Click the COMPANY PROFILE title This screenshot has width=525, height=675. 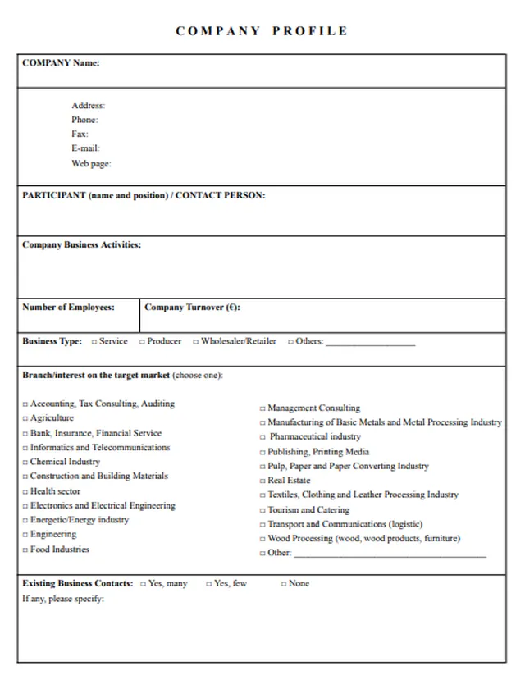tap(262, 31)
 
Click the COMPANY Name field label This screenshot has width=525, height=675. tap(61, 63)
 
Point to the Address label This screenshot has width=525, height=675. tap(88, 106)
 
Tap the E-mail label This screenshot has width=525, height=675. tap(85, 148)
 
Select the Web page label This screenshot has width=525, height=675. tap(91, 163)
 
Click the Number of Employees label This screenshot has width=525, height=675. tap(68, 308)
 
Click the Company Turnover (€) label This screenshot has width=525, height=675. tap(192, 308)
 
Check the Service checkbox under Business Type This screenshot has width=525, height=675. tap(94, 342)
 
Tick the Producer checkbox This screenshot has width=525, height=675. tap(142, 342)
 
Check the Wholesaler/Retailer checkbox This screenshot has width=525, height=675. tap(196, 342)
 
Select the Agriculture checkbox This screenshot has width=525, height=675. tap(25, 419)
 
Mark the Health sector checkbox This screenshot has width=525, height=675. tap(25, 492)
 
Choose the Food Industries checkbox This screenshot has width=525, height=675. tap(25, 550)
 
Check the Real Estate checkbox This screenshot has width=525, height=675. tap(262, 481)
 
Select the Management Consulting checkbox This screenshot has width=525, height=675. tap(262, 408)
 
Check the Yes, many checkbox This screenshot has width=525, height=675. tap(143, 584)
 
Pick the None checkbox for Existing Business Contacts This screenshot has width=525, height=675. tap(284, 584)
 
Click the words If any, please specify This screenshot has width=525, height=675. tap(63, 599)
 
